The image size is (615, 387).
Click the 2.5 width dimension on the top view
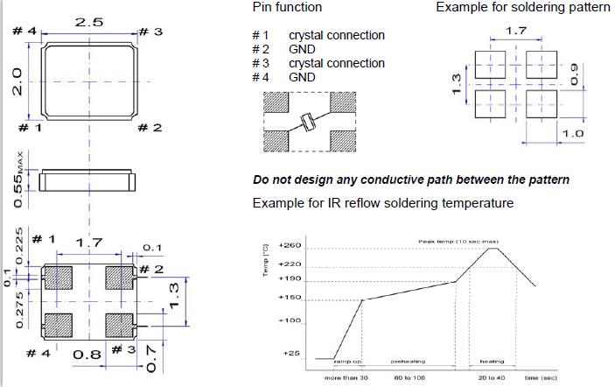89,20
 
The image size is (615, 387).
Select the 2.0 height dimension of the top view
16,84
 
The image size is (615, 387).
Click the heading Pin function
287,7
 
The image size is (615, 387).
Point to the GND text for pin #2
302,49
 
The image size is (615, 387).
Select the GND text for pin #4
302,77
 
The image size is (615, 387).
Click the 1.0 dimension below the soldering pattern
573,133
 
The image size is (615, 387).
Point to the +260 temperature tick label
290,246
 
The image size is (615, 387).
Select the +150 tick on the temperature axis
290,299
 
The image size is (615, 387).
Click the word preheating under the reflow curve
407,362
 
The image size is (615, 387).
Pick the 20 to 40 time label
493,377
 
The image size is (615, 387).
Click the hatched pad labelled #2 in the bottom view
117,278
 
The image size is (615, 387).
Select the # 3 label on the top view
151,32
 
